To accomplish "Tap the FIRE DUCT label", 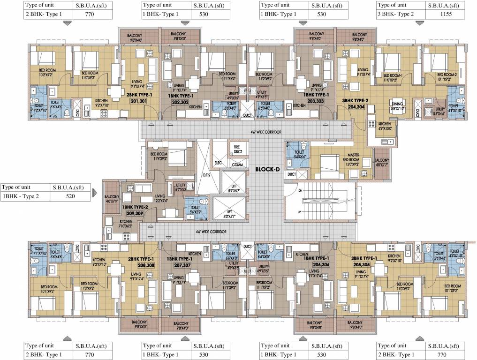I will [237, 149].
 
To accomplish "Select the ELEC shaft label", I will [218, 163].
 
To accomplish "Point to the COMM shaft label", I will [237, 165].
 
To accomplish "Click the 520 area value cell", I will [70, 196].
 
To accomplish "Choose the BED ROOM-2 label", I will [447, 75].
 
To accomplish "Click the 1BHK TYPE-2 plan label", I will [135, 206].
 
